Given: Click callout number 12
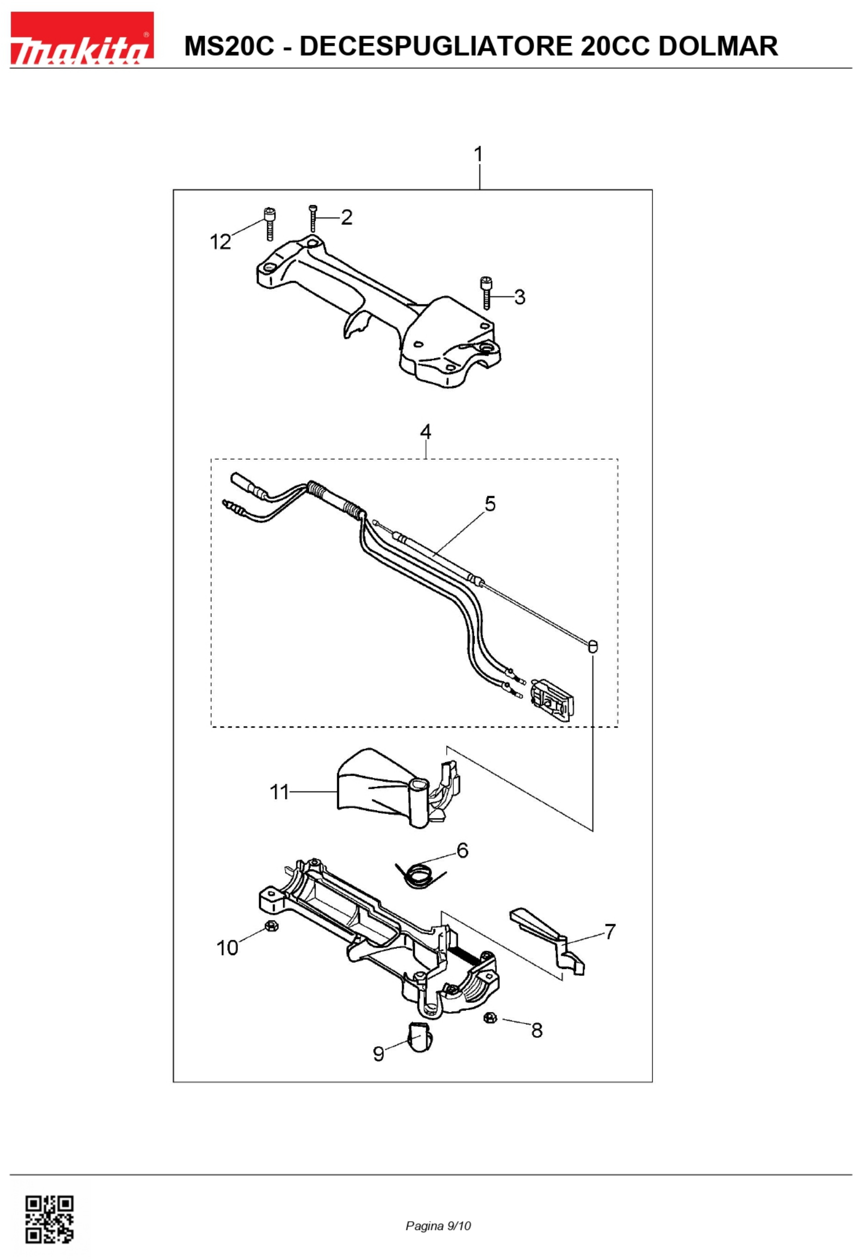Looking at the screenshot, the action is point(220,242).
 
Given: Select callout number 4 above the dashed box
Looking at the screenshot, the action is point(425,432).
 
